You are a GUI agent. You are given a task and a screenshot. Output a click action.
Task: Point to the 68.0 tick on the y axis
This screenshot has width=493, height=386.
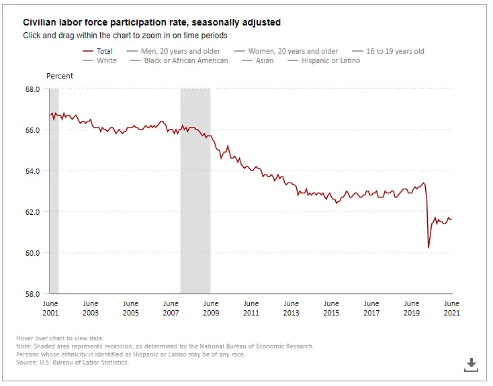(32, 89)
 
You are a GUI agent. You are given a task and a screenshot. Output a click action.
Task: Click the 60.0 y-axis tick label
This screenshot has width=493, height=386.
(32, 253)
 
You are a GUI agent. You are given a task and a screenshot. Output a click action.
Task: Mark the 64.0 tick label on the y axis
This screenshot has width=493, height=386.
(32, 171)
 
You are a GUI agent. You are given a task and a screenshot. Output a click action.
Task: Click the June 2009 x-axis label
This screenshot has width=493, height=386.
(210, 308)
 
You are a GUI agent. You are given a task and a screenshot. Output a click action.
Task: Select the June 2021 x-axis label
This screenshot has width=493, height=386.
(451, 308)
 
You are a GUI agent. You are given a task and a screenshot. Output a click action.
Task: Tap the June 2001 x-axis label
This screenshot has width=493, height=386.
(50, 308)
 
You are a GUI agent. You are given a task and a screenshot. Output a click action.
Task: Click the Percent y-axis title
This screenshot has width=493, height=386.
(60, 76)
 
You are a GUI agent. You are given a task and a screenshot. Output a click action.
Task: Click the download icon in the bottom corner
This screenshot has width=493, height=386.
(471, 365)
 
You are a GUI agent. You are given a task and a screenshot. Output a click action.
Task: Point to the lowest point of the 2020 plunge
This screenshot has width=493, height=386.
(429, 248)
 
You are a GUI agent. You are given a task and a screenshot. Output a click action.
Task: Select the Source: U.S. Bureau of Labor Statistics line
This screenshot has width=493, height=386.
(72, 363)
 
